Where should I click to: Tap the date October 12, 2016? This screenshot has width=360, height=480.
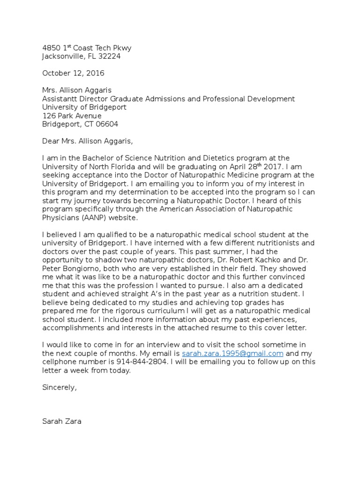click(x=73, y=73)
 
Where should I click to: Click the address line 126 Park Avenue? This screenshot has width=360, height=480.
click(x=72, y=116)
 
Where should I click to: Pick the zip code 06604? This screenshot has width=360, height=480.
click(x=107, y=124)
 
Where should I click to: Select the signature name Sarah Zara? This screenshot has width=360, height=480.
click(x=62, y=421)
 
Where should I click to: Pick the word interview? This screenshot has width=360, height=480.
click(x=164, y=345)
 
